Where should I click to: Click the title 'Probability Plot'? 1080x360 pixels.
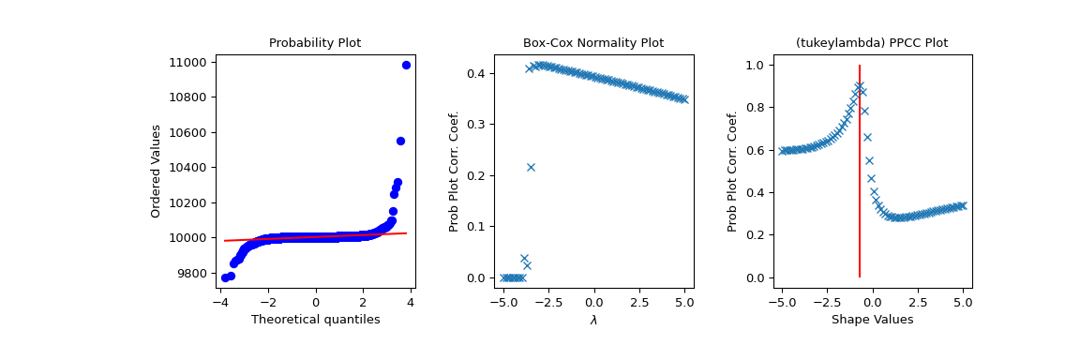pyautogui.click(x=315, y=43)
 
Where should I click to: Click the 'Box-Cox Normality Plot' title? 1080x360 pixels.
pyautogui.click(x=593, y=43)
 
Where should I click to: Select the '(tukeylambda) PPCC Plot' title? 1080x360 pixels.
pyautogui.click(x=872, y=43)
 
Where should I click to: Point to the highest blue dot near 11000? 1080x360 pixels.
pyautogui.click(x=406, y=65)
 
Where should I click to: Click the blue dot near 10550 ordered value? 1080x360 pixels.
pyautogui.click(x=400, y=141)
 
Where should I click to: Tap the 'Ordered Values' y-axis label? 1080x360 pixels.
pyautogui.click(x=157, y=171)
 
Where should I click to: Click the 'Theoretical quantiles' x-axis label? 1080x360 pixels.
pyautogui.click(x=315, y=320)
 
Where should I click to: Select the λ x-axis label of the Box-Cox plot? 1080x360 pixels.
pyautogui.click(x=593, y=320)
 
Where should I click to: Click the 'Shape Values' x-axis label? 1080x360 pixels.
pyautogui.click(x=872, y=320)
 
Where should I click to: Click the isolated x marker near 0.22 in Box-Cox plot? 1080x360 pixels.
pyautogui.click(x=531, y=167)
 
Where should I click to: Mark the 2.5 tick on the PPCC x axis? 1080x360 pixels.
pyautogui.click(x=918, y=303)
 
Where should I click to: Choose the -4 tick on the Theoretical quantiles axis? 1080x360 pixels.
pyautogui.click(x=220, y=303)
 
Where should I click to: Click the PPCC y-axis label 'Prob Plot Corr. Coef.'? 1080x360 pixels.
pyautogui.click(x=733, y=171)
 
